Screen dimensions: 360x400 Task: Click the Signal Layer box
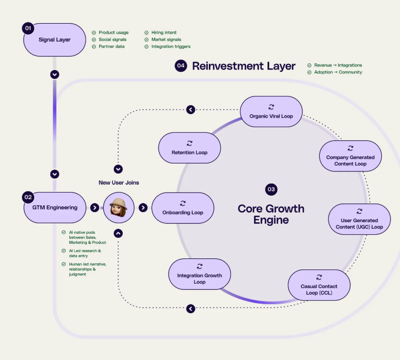coord(55,40)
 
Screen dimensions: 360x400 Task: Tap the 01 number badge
coord(28,28)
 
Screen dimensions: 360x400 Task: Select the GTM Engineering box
coord(55,207)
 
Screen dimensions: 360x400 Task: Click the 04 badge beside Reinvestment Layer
coord(181,66)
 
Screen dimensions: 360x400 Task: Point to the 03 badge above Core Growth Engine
coord(271,189)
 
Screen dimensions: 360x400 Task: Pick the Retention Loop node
coord(189,148)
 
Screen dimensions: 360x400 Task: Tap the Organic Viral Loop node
coord(271,112)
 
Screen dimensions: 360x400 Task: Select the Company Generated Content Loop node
coord(350,156)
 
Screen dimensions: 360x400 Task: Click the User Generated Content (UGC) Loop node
coord(359,219)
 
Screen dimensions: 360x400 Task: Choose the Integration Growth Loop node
coord(199,274)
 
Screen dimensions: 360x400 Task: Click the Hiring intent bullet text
coord(164,33)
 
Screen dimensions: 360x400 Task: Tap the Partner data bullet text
coord(111,47)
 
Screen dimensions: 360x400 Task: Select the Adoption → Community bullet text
coord(338,72)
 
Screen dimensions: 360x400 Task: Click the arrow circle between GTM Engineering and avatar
coord(95,207)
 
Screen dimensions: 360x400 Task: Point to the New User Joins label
coord(119,183)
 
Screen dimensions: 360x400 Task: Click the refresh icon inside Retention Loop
coord(190,143)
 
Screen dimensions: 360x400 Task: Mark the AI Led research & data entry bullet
coord(85,253)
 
